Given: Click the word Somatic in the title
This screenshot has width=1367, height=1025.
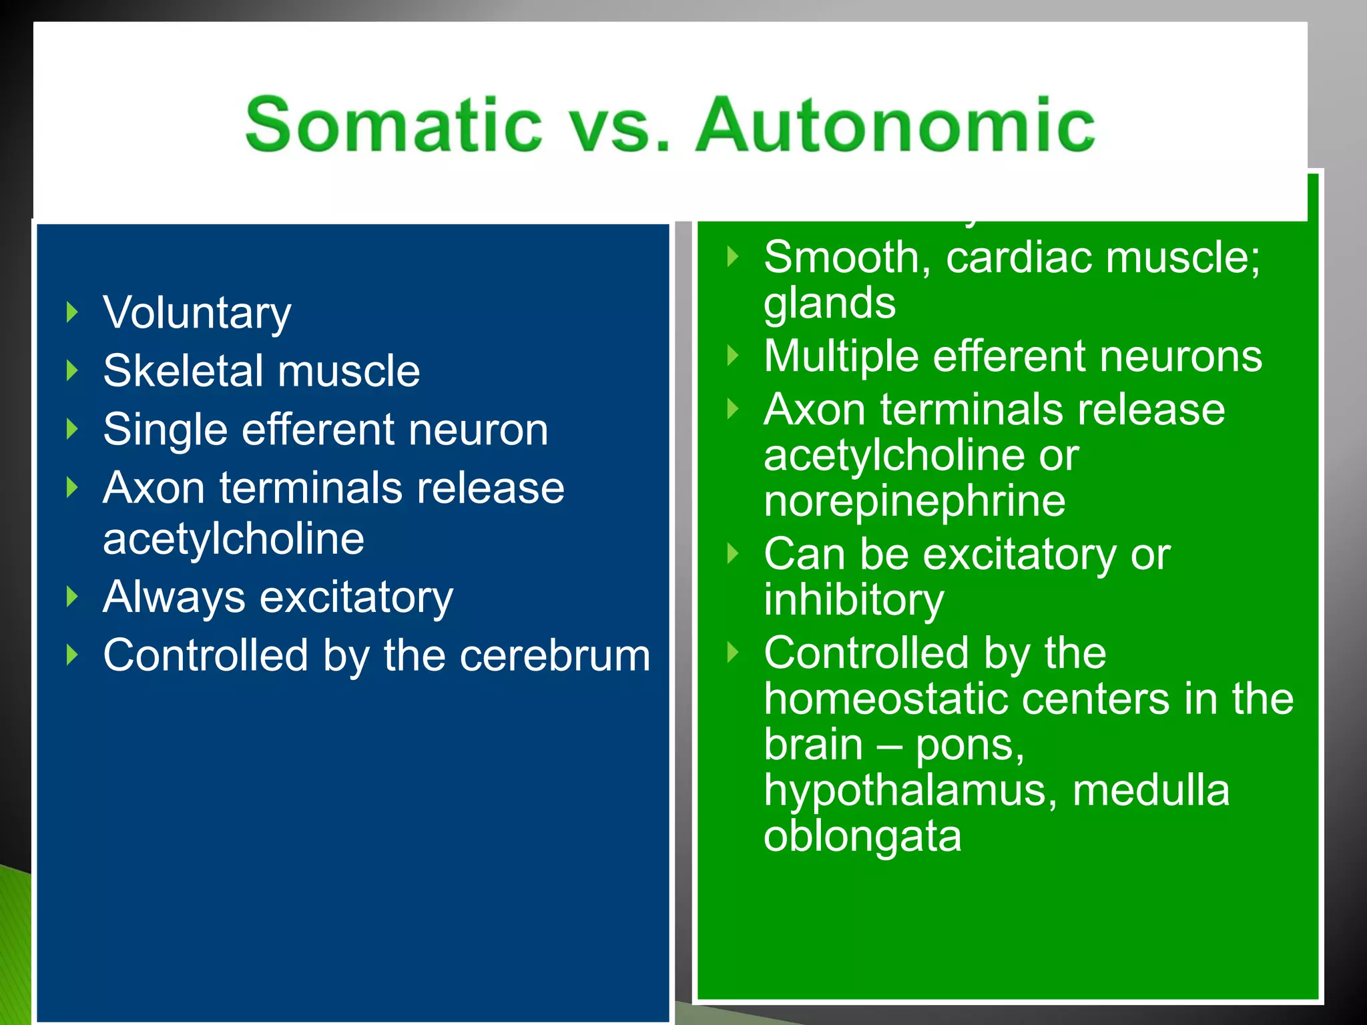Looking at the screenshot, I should tap(393, 125).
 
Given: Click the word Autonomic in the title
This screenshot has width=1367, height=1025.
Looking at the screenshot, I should tap(894, 125).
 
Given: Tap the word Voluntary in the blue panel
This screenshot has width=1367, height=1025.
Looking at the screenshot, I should tap(197, 314).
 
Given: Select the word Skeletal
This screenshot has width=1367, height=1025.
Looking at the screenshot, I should tap(183, 371).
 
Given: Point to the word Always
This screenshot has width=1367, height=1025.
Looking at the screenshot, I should tap(174, 597).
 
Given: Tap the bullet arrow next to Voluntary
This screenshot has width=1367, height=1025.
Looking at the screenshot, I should tap(72, 312).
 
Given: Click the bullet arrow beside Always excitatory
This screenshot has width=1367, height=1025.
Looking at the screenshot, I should tap(72, 597).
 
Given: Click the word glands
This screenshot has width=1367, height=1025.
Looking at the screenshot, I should tap(829, 304).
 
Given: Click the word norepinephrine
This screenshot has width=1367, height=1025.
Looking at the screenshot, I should tap(914, 501).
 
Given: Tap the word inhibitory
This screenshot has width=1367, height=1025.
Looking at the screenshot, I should tap(854, 600).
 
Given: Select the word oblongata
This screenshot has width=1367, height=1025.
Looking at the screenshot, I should tap(862, 837).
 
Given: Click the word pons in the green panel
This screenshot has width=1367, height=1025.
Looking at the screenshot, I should tap(968, 746).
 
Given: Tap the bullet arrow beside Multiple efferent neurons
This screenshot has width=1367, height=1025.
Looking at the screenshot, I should tap(733, 356).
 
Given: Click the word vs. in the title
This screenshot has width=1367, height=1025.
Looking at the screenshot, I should tap(617, 125).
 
